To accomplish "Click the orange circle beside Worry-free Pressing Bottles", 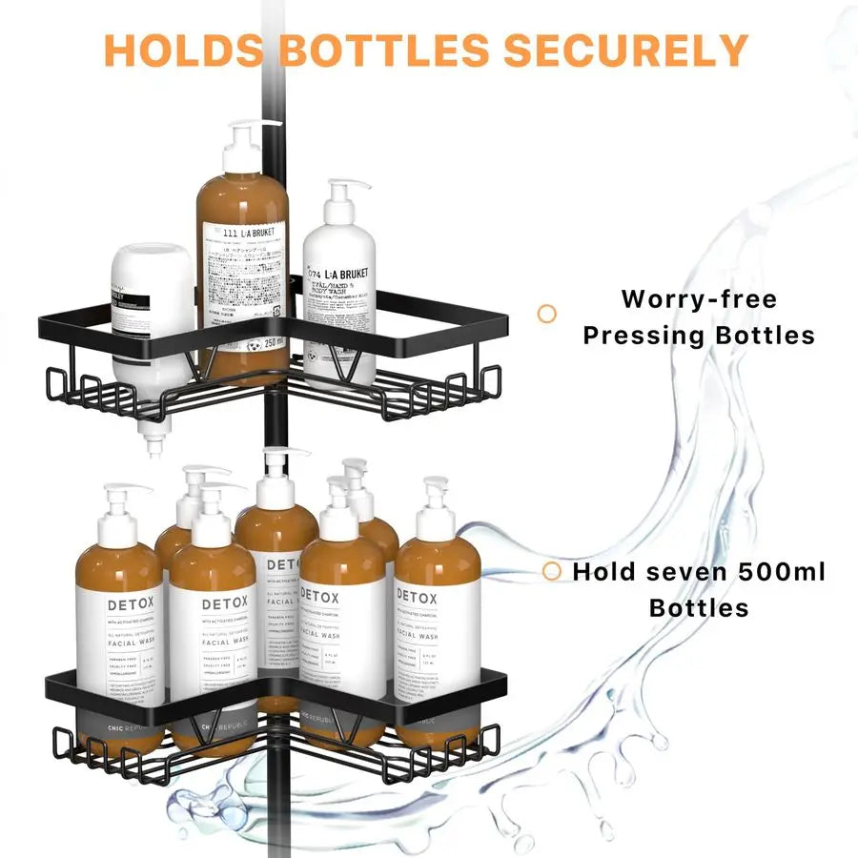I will [x=547, y=313].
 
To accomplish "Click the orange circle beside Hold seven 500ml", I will [x=551, y=571].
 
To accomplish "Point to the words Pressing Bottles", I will [x=699, y=336].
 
